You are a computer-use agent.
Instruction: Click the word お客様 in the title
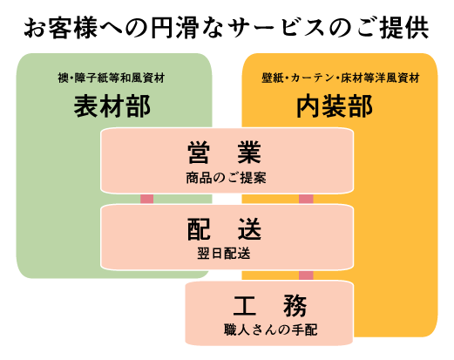(61, 28)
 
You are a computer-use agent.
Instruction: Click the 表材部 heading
(112, 106)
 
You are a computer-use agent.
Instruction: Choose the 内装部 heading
(335, 106)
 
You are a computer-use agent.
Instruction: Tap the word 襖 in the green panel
(63, 78)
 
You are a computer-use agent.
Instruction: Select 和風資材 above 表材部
(143, 78)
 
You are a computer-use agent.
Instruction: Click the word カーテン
(313, 78)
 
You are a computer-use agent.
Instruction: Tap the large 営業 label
(224, 153)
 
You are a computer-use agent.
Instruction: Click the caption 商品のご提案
(226, 178)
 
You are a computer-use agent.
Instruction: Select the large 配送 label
(224, 229)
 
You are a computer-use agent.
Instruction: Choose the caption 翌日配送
(224, 254)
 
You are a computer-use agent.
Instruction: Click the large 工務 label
(270, 305)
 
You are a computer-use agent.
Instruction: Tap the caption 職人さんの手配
(270, 329)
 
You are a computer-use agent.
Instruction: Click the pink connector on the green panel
(146, 199)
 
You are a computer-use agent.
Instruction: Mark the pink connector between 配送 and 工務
(306, 275)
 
